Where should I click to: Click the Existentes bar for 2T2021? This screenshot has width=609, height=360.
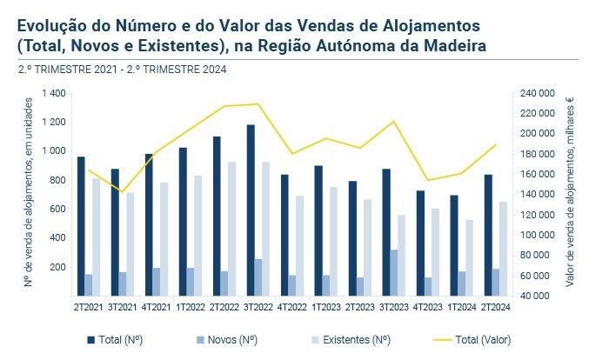(96, 237)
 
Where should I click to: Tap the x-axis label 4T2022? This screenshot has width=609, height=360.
(291, 306)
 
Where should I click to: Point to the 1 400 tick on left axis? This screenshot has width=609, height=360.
(54, 93)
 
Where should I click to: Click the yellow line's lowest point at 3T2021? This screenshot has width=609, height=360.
(123, 191)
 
